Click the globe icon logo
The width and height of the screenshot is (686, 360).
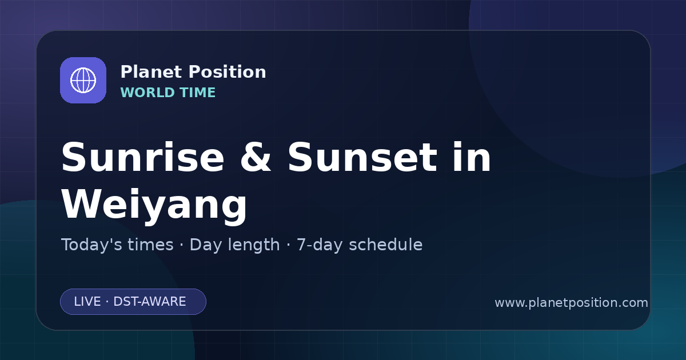(83, 80)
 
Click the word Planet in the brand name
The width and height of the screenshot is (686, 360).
(151, 72)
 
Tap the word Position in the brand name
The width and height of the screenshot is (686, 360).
(228, 72)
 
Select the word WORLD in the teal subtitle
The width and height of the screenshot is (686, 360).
(147, 93)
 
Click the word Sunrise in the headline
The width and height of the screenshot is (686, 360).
(143, 157)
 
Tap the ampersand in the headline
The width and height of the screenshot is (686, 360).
(256, 157)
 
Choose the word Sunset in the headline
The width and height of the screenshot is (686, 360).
(362, 157)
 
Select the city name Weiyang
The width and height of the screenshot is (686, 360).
(154, 205)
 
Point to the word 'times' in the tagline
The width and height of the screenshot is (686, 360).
(150, 245)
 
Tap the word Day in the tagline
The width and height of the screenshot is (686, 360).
(206, 245)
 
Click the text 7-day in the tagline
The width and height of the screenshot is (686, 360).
(320, 245)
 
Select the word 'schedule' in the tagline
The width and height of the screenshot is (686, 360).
(385, 245)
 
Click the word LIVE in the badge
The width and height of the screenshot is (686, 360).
(87, 302)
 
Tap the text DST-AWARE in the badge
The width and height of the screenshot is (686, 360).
(149, 302)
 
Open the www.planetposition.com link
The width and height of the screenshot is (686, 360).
(572, 303)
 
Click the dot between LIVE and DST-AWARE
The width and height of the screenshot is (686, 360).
(107, 302)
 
